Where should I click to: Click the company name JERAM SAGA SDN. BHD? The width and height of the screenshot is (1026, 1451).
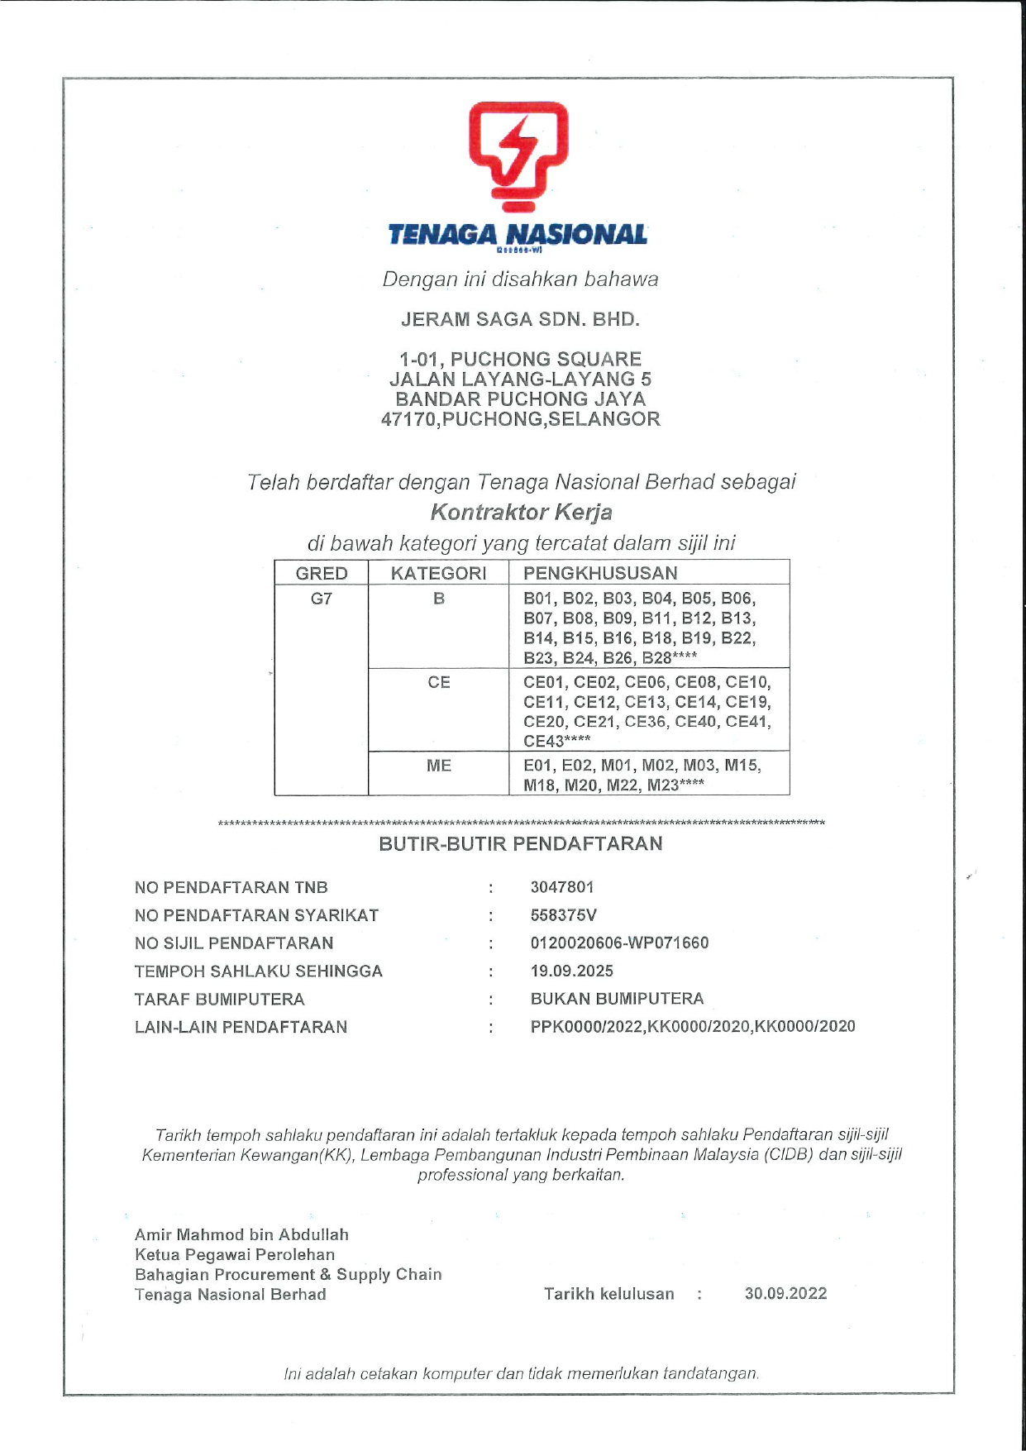[520, 319]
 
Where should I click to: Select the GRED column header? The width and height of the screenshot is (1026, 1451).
[322, 573]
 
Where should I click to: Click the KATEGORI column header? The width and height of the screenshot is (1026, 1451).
[438, 573]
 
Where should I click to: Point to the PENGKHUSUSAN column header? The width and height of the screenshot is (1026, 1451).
[600, 573]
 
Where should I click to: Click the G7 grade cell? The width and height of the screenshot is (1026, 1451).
[322, 599]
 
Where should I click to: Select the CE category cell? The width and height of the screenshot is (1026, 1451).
[438, 682]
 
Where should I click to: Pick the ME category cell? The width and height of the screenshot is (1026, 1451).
[438, 766]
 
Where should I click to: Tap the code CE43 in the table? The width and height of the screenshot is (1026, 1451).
[543, 742]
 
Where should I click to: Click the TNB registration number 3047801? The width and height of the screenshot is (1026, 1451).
[562, 887]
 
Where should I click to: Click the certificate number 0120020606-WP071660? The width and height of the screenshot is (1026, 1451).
[619, 943]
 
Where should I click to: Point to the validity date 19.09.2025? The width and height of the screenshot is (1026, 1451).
[571, 971]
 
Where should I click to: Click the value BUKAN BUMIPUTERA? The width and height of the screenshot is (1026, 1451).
[617, 999]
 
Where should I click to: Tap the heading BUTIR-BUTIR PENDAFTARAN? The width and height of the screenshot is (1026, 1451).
[520, 844]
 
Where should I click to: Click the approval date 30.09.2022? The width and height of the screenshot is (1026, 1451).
[785, 1294]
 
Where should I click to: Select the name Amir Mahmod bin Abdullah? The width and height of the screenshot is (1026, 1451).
[241, 1234]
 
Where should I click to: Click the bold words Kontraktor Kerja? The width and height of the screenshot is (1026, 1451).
[521, 512]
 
